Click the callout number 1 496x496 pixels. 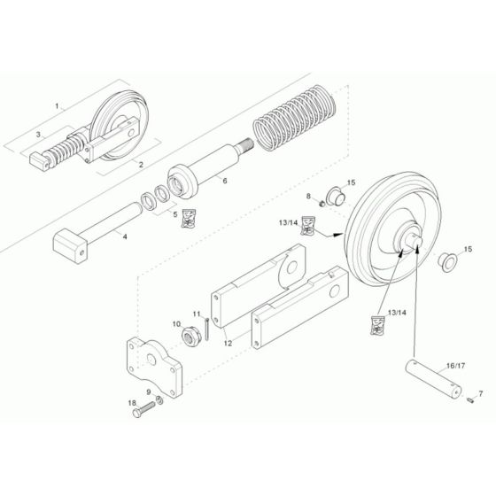58,106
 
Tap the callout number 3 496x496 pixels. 38,134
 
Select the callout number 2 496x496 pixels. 140,166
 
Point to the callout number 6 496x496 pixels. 225,181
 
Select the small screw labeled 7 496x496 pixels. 469,400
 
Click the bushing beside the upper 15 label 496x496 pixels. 334,194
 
